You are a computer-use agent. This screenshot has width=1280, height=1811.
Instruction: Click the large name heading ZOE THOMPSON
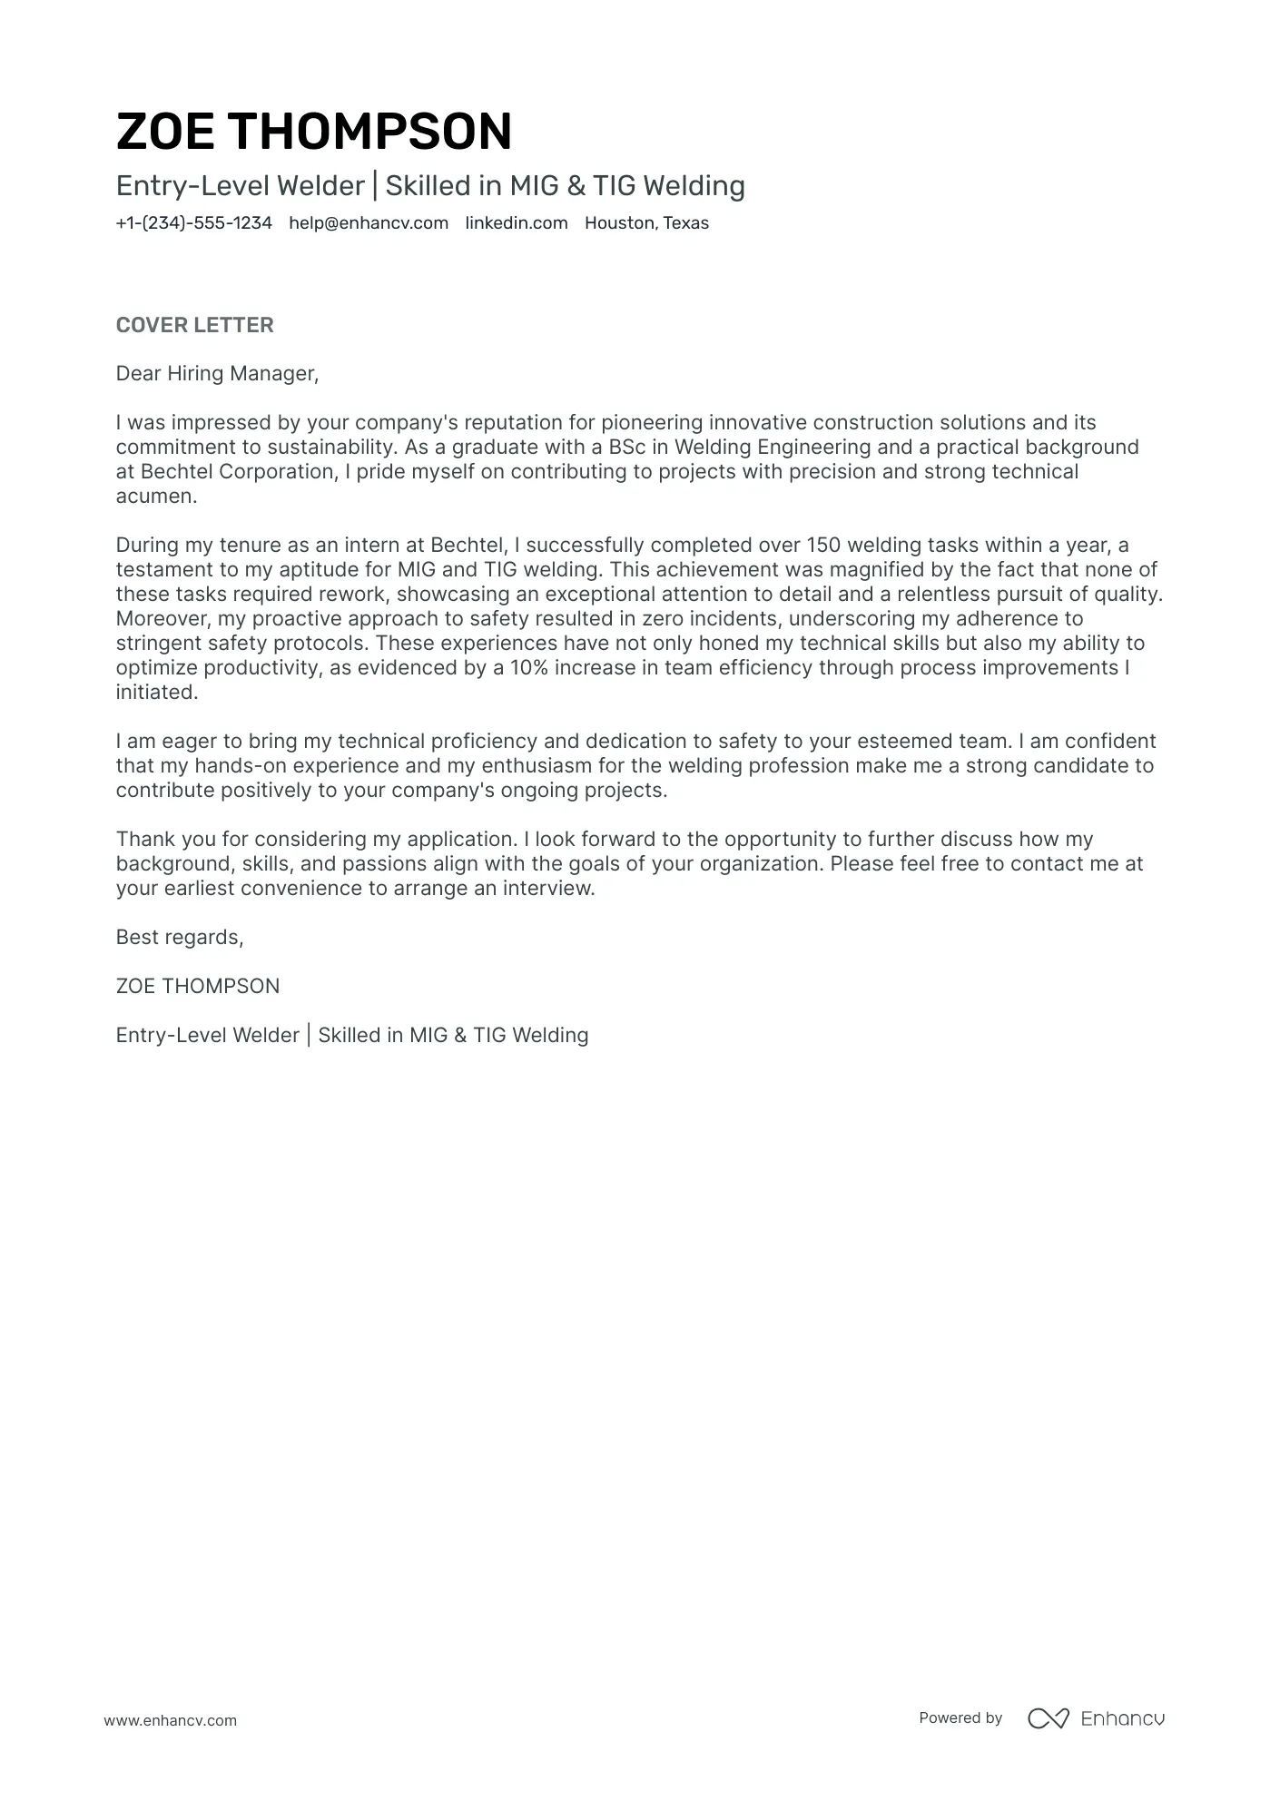point(314,132)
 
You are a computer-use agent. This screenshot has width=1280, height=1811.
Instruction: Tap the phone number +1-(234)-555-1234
point(193,223)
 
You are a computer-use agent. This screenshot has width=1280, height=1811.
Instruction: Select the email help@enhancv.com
point(369,223)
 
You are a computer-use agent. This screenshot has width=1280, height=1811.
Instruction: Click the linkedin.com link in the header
point(517,223)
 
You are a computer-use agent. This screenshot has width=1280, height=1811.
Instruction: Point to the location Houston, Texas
point(646,223)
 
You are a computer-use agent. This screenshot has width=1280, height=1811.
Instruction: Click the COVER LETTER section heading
point(194,325)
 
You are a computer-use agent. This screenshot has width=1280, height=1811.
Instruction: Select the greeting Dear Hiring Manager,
point(217,374)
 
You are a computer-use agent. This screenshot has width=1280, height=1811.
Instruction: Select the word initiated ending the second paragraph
point(155,693)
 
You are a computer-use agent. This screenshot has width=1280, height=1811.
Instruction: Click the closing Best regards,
point(180,938)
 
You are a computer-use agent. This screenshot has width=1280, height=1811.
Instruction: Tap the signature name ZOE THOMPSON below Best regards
point(198,987)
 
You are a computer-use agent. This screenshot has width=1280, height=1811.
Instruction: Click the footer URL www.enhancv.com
point(170,1720)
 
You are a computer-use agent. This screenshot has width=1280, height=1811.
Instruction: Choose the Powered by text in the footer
point(960,1718)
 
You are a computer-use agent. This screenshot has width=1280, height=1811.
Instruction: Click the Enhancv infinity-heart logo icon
point(1048,1718)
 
